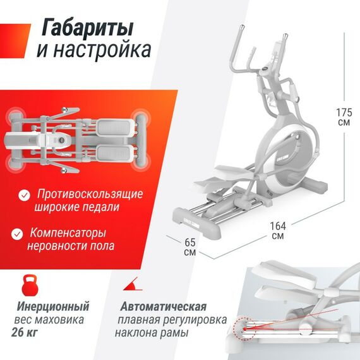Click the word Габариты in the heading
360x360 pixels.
[x=87, y=28]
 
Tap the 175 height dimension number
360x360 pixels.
[x=344, y=112]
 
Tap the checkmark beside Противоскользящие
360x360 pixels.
[x=24, y=193]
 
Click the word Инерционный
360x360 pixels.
[x=53, y=307]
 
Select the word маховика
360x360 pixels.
[x=62, y=320]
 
